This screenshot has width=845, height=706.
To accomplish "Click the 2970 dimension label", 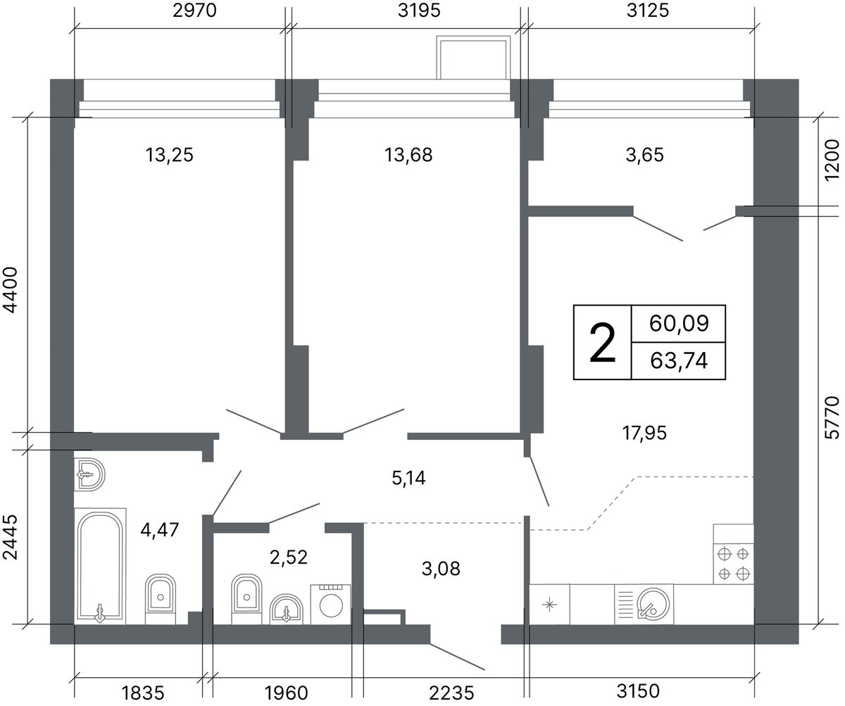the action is (x=194, y=11).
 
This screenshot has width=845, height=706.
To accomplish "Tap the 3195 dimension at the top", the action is (x=419, y=11).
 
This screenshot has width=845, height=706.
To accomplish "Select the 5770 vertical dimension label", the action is (x=832, y=417).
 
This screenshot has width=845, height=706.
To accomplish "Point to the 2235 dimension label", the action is (x=451, y=693).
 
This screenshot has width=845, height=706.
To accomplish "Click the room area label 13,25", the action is (x=170, y=155).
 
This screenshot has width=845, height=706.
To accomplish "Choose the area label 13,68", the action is (x=408, y=155).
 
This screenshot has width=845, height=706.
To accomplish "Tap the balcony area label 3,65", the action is (x=645, y=155).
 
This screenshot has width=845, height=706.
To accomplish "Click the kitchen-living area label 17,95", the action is (x=645, y=433).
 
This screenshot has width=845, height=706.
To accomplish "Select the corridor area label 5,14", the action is (x=408, y=478).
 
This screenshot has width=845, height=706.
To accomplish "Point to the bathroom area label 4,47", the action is (x=160, y=530).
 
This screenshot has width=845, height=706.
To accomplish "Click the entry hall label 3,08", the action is (x=441, y=569).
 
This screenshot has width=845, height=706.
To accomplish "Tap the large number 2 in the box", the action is (x=603, y=343).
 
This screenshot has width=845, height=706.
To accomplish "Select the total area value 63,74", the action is (x=679, y=360).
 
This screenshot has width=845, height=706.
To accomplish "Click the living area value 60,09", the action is (x=679, y=323).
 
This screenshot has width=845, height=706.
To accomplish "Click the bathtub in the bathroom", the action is (x=100, y=567).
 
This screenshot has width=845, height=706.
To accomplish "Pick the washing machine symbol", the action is (x=331, y=604).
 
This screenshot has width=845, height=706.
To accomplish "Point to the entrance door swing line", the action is (x=457, y=657).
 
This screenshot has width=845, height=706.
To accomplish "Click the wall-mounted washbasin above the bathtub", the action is (x=89, y=474).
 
